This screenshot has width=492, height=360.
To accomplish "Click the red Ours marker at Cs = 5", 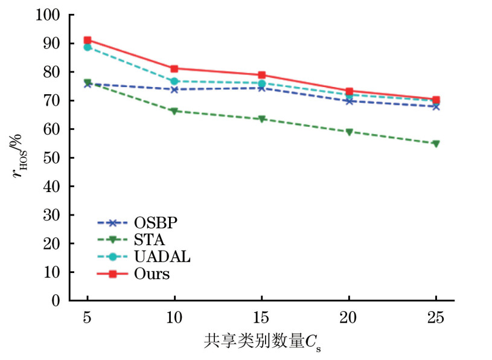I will click(x=88, y=40).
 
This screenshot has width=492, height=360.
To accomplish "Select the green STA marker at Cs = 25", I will click(x=436, y=144).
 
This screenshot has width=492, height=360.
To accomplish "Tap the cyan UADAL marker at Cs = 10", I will click(x=174, y=81).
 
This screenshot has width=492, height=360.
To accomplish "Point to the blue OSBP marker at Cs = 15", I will click(x=262, y=88).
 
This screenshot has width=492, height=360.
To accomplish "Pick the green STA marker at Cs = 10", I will click(x=174, y=111).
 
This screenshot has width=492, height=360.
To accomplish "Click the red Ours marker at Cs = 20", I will click(x=349, y=91).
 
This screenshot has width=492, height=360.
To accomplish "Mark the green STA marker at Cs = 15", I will click(x=262, y=119).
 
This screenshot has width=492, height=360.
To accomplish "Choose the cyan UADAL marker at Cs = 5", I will click(x=88, y=47).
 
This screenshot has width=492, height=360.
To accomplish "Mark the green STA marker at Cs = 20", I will click(x=349, y=132).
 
